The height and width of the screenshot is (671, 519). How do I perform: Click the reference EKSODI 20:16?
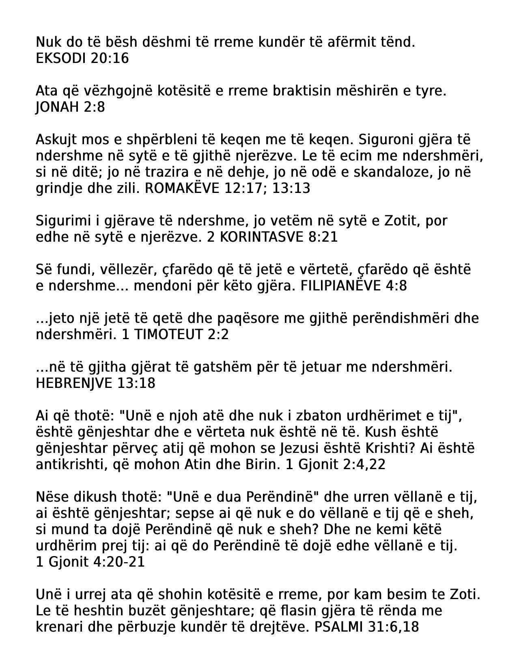coord(82,58)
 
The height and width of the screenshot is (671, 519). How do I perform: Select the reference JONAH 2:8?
coord(70,107)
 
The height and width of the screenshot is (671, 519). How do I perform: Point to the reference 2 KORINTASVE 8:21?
coord(272,237)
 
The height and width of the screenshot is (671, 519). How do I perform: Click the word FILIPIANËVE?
coord(340,286)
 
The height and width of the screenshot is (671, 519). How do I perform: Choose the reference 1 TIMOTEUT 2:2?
coord(175,335)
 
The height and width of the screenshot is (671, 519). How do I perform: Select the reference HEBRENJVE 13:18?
coord(95,383)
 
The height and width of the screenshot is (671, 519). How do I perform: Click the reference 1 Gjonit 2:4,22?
coord(336,465)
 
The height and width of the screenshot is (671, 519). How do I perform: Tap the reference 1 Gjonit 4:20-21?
coord(90,562)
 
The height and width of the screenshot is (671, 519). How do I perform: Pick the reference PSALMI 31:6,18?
coord(366,627)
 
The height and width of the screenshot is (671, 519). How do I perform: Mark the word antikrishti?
coord(68,465)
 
